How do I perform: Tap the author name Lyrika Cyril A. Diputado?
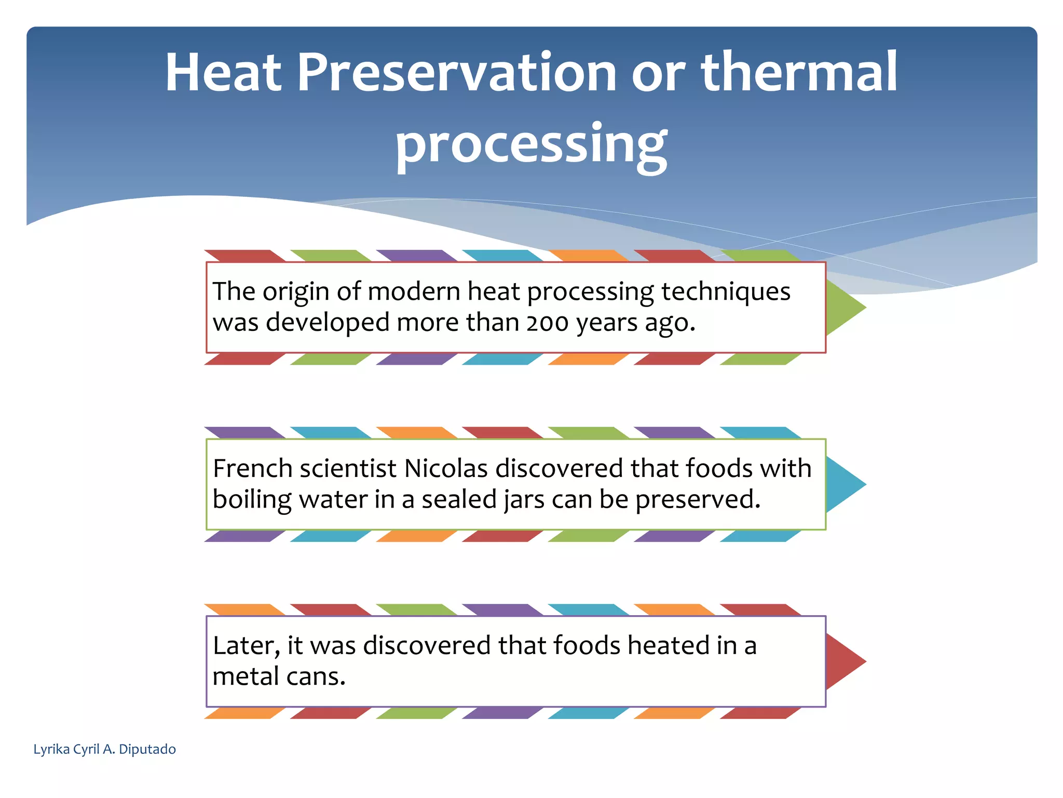point(104,749)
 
